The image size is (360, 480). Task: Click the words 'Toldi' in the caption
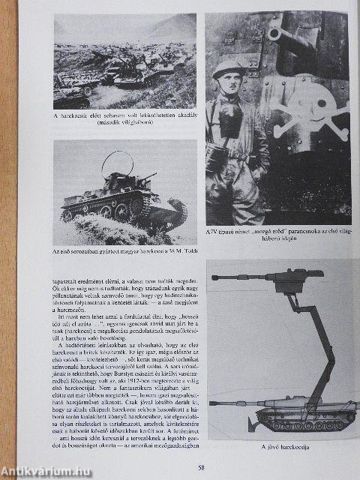tap(187, 248)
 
